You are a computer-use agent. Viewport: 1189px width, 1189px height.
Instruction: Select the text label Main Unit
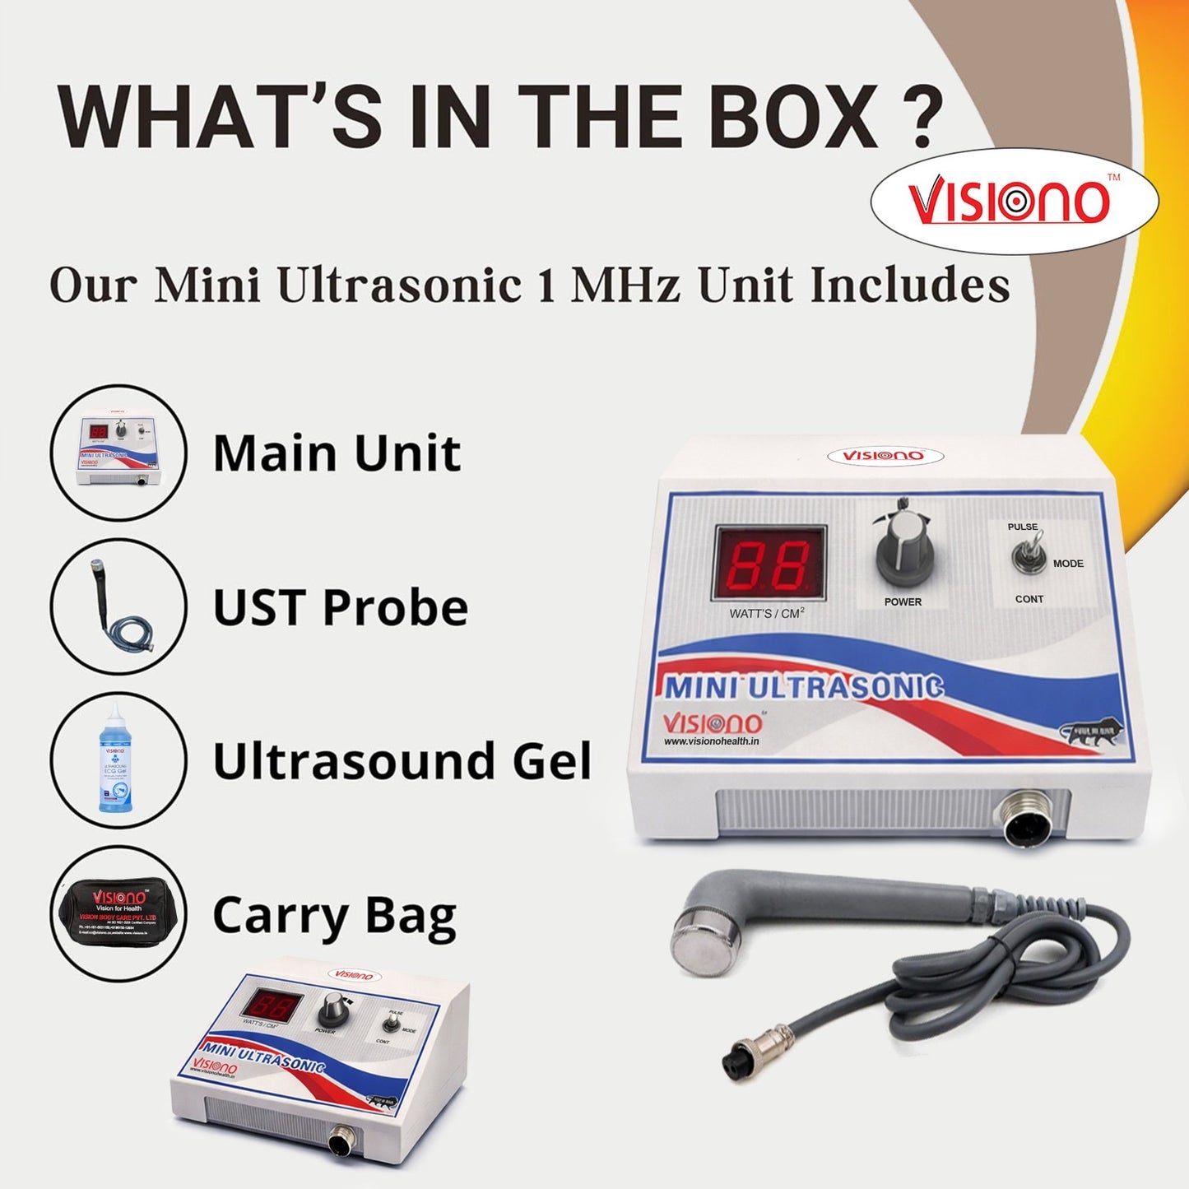(337, 453)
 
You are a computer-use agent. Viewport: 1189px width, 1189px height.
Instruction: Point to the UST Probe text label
(341, 607)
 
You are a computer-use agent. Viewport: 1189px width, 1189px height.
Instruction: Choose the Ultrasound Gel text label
(402, 761)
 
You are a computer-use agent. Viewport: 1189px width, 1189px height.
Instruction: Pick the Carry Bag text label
(334, 917)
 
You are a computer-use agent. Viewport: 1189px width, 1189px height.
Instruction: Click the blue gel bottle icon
(115, 760)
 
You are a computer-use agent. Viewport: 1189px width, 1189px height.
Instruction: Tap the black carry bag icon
(118, 914)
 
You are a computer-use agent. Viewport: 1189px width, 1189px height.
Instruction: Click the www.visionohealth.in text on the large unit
(712, 741)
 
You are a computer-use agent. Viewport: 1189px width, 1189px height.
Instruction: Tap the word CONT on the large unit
(1029, 599)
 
